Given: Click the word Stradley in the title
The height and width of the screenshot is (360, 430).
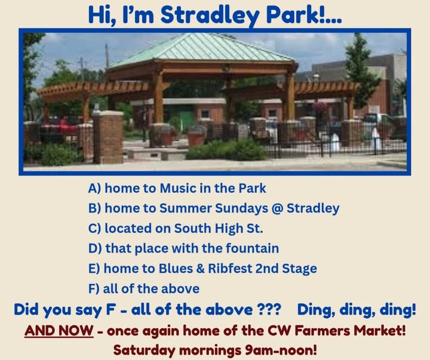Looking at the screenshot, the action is (x=210, y=15).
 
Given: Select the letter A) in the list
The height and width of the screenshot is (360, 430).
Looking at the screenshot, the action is (x=94, y=189).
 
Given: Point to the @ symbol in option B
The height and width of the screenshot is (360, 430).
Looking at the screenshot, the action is (x=277, y=208).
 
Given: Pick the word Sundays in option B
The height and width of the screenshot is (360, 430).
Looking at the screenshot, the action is (x=241, y=208).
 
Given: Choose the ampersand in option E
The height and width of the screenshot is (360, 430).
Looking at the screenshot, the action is (x=201, y=269).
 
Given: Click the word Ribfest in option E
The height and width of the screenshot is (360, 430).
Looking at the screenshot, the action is (x=230, y=269).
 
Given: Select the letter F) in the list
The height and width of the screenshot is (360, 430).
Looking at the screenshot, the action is (x=94, y=289).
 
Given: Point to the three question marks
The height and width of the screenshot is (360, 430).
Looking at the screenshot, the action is (x=269, y=310).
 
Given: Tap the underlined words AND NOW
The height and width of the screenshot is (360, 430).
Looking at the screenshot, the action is (x=59, y=330).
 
